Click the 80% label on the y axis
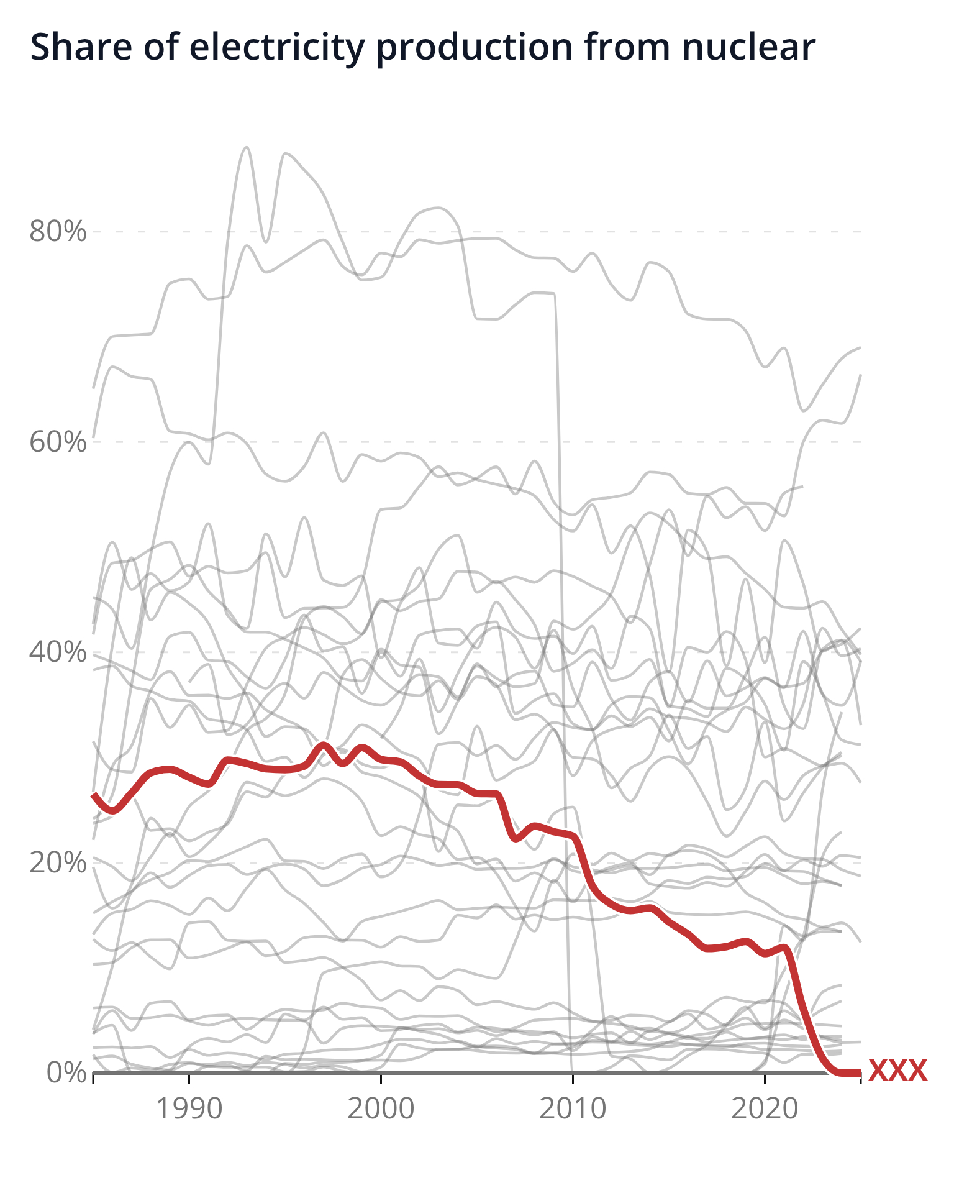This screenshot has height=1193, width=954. [57, 232]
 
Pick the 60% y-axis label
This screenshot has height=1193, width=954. [57, 442]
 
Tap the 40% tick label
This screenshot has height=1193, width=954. [57, 652]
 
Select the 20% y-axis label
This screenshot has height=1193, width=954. [57, 862]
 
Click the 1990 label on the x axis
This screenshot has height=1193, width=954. [189, 1109]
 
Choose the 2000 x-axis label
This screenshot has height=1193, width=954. [380, 1109]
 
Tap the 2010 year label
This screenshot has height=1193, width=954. [572, 1109]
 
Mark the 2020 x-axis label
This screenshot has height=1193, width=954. [764, 1109]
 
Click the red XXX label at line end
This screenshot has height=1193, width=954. [897, 1071]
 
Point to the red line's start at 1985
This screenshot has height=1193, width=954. [94, 794]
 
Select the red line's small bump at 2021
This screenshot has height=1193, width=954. [785, 948]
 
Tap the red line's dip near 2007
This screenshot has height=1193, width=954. [515, 838]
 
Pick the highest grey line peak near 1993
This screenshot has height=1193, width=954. [247, 148]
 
